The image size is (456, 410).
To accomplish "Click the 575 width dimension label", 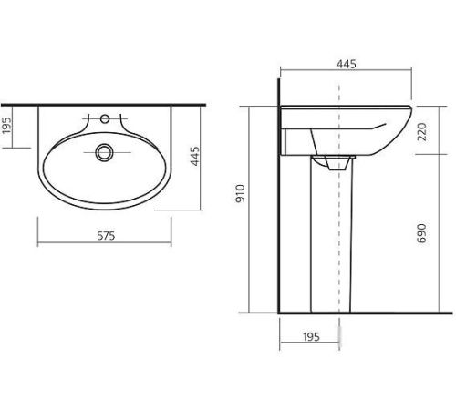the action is point(106,236).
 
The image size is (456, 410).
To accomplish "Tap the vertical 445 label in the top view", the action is point(195,156).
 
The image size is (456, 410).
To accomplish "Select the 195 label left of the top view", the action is point(6,125).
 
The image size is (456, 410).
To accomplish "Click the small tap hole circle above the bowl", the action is point(105,118).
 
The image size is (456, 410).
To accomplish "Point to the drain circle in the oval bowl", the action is point(104,152).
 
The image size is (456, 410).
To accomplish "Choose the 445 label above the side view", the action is point(347,64).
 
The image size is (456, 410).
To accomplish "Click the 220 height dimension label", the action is point(422,131).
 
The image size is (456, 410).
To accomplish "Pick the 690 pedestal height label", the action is point(421,233).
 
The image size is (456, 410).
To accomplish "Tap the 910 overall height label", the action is point(240,193).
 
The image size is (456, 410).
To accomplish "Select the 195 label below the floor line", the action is point(311,336).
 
